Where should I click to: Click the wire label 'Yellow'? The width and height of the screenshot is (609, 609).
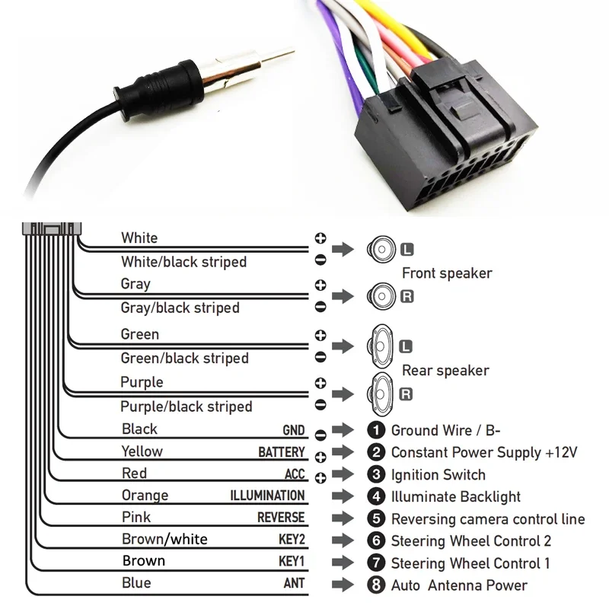[142, 451]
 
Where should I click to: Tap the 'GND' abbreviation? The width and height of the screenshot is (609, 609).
[293, 430]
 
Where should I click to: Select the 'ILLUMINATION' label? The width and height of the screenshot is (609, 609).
[267, 496]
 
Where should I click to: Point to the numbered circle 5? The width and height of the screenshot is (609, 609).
[375, 519]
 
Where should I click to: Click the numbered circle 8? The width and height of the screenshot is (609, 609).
[375, 585]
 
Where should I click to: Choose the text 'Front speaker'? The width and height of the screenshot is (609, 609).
[447, 273]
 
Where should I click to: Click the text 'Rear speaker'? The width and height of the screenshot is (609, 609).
[445, 371]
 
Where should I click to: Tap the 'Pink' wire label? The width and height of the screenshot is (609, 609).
[136, 518]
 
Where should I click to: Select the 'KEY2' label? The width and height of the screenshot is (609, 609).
[292, 540]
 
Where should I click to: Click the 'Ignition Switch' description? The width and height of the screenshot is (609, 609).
[438, 475]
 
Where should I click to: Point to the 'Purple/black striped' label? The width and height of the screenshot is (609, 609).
[186, 407]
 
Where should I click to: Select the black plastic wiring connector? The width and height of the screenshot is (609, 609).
[445, 141]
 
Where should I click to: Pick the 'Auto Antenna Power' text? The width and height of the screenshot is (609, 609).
[459, 585]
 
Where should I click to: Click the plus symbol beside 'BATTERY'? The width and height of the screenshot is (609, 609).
[320, 457]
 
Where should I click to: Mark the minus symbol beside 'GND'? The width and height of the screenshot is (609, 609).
[320, 435]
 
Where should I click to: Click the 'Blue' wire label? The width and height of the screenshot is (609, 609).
[136, 583]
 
